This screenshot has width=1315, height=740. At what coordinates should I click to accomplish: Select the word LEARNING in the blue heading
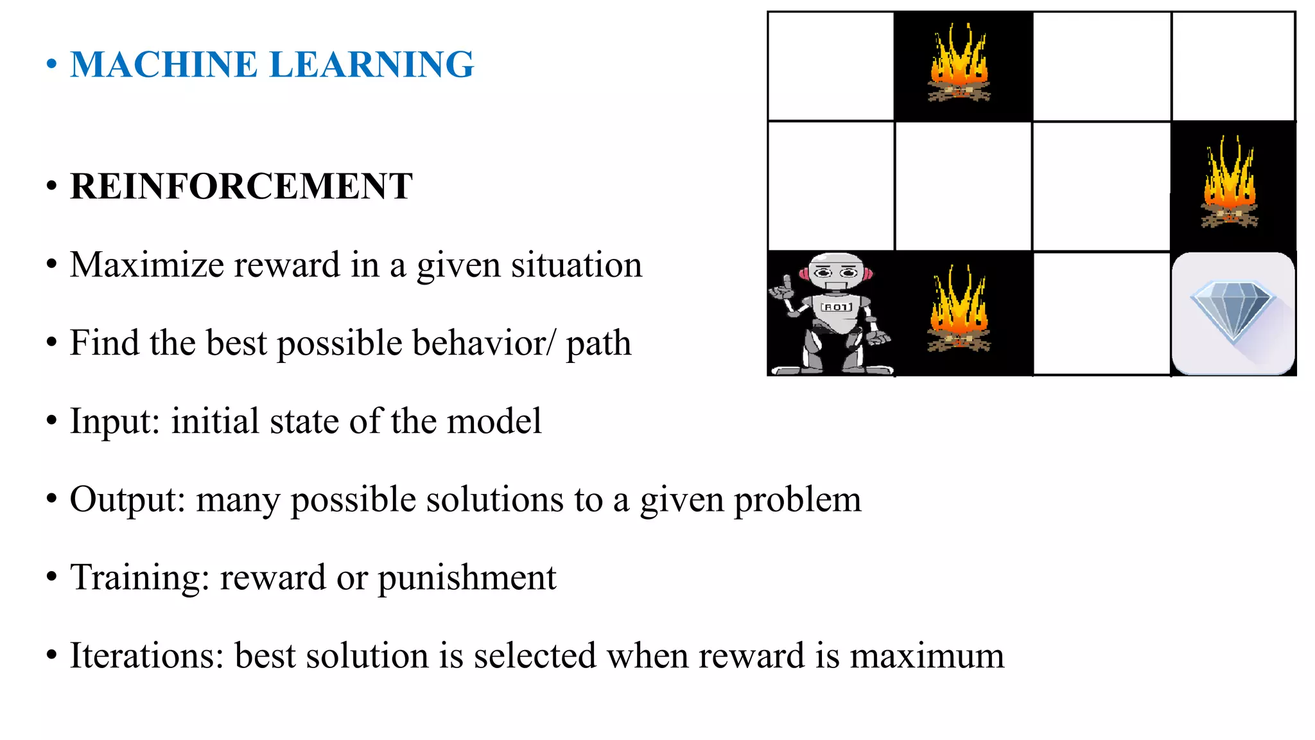point(372,65)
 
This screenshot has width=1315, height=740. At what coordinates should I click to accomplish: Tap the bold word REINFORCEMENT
point(241,187)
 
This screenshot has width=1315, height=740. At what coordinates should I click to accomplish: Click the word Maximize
point(151,265)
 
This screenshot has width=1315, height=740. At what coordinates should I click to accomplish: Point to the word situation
point(577,265)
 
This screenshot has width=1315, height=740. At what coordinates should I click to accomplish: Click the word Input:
point(115,422)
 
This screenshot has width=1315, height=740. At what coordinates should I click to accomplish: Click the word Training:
point(140,577)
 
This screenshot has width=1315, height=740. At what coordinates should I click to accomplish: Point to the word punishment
point(467,577)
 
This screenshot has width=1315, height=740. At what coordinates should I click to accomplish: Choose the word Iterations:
point(147,656)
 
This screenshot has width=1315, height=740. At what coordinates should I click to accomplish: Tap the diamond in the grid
point(1232,312)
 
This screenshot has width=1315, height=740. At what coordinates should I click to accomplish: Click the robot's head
point(835,272)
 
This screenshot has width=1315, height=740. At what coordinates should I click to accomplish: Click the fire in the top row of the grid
point(959,64)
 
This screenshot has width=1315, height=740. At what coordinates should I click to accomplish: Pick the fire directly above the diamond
point(1230,184)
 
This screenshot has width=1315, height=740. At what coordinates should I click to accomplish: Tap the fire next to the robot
point(959,312)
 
